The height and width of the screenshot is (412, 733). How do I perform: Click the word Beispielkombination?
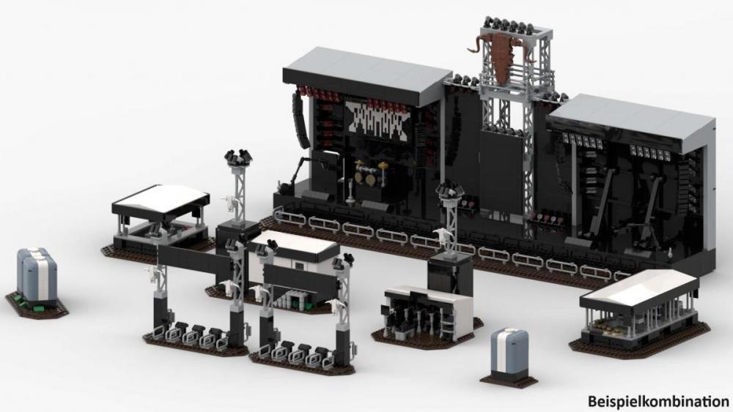[658, 400]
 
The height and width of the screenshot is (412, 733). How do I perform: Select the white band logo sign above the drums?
[377, 119]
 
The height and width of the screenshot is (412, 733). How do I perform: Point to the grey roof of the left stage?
[366, 74]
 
